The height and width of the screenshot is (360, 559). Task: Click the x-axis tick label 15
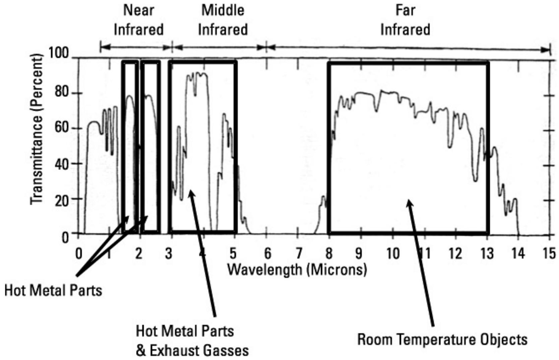tap(549, 254)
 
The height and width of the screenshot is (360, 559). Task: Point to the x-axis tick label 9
tap(359, 254)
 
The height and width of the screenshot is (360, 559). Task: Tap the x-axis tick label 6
tap(267, 254)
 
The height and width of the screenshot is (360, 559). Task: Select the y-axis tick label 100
tap(59, 53)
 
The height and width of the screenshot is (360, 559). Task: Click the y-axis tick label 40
tap(62, 164)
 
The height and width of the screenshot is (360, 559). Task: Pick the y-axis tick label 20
tap(62, 200)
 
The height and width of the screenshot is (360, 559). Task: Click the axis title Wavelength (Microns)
tap(297, 269)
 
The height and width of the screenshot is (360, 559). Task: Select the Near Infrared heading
tap(139, 20)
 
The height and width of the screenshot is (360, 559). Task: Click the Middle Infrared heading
tap(223, 20)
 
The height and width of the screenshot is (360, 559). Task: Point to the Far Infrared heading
tap(405, 20)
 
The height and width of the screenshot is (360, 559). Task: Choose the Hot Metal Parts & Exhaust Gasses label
tap(192, 341)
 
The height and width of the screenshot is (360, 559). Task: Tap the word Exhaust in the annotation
tap(174, 351)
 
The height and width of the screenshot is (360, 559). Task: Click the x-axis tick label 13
tap(487, 254)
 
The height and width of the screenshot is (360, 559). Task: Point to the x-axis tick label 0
tap(78, 254)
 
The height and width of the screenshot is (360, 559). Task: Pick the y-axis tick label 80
tap(62, 93)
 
